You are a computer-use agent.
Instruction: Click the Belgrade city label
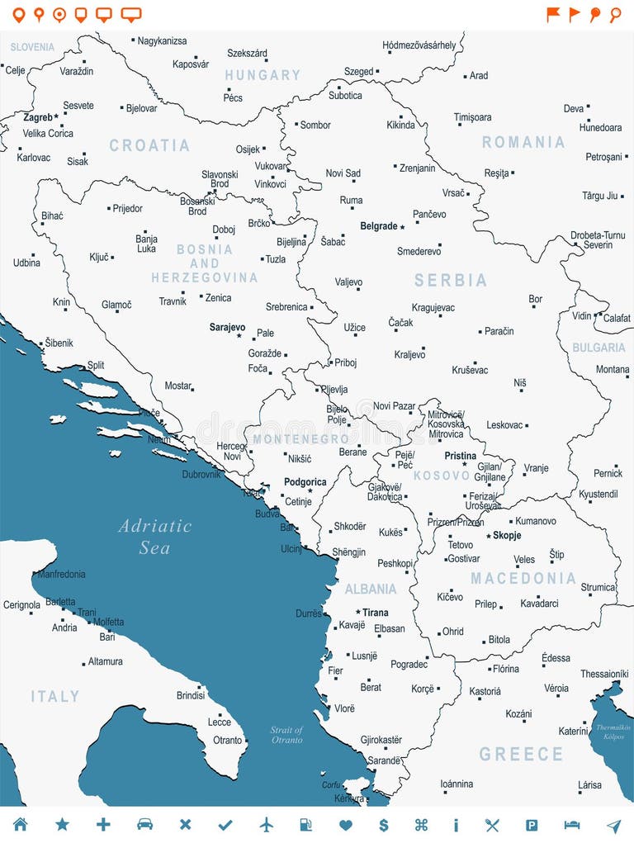pyautogui.click(x=379, y=226)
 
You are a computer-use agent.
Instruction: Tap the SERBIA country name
pyautogui.click(x=451, y=281)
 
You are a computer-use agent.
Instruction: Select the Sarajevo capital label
pyautogui.click(x=227, y=328)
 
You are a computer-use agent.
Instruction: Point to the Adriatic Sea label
pyautogui.click(x=154, y=537)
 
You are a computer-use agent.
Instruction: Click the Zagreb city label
pyautogui.click(x=38, y=118)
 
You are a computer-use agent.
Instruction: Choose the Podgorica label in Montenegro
pyautogui.click(x=305, y=482)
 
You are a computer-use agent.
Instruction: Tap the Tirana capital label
pyautogui.click(x=375, y=613)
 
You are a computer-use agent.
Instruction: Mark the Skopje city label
pyautogui.click(x=507, y=536)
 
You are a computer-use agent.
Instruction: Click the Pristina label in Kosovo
pyautogui.click(x=460, y=456)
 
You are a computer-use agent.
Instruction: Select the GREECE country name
pyautogui.click(x=521, y=754)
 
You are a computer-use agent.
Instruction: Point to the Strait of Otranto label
pyautogui.click(x=286, y=735)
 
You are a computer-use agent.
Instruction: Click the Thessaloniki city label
pyautogui.click(x=604, y=674)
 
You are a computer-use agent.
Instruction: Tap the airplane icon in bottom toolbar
pyautogui.click(x=266, y=825)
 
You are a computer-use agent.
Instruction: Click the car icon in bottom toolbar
pyautogui.click(x=144, y=825)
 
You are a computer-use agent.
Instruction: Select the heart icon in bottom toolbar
pyautogui.click(x=346, y=825)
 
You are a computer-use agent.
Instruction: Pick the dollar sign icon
pyautogui.click(x=383, y=825)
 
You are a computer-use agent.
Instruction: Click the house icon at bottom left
pyautogui.click(x=21, y=825)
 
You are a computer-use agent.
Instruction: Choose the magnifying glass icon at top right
pyautogui.click(x=615, y=14)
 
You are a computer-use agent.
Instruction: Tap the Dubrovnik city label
pyautogui.click(x=201, y=475)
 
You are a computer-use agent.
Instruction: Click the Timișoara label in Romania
pyautogui.click(x=472, y=118)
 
